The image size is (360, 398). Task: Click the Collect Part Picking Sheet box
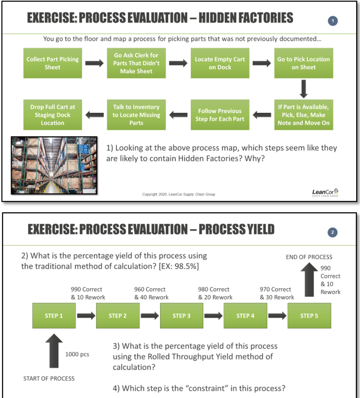(x=52, y=63)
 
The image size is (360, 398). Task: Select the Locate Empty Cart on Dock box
(x=220, y=63)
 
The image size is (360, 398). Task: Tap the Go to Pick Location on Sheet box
(x=303, y=63)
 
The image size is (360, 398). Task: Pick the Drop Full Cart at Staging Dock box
(x=52, y=115)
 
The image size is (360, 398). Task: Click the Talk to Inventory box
(x=136, y=115)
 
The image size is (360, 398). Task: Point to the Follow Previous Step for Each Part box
(x=220, y=115)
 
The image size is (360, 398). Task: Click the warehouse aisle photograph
(x=54, y=165)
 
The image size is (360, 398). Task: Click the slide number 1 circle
(x=333, y=21)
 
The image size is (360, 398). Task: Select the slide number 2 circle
(x=333, y=232)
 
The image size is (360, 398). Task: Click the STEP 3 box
(x=181, y=316)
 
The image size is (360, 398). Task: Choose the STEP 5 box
(x=309, y=316)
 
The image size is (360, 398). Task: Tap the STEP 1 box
(x=54, y=316)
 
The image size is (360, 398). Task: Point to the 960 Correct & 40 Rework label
(x=151, y=293)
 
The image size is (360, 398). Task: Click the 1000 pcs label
(x=77, y=354)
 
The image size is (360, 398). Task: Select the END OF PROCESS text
(x=309, y=257)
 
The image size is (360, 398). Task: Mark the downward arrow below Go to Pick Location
(x=304, y=89)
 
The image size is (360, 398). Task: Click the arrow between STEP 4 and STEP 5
(x=277, y=316)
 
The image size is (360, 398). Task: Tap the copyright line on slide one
(x=179, y=194)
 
